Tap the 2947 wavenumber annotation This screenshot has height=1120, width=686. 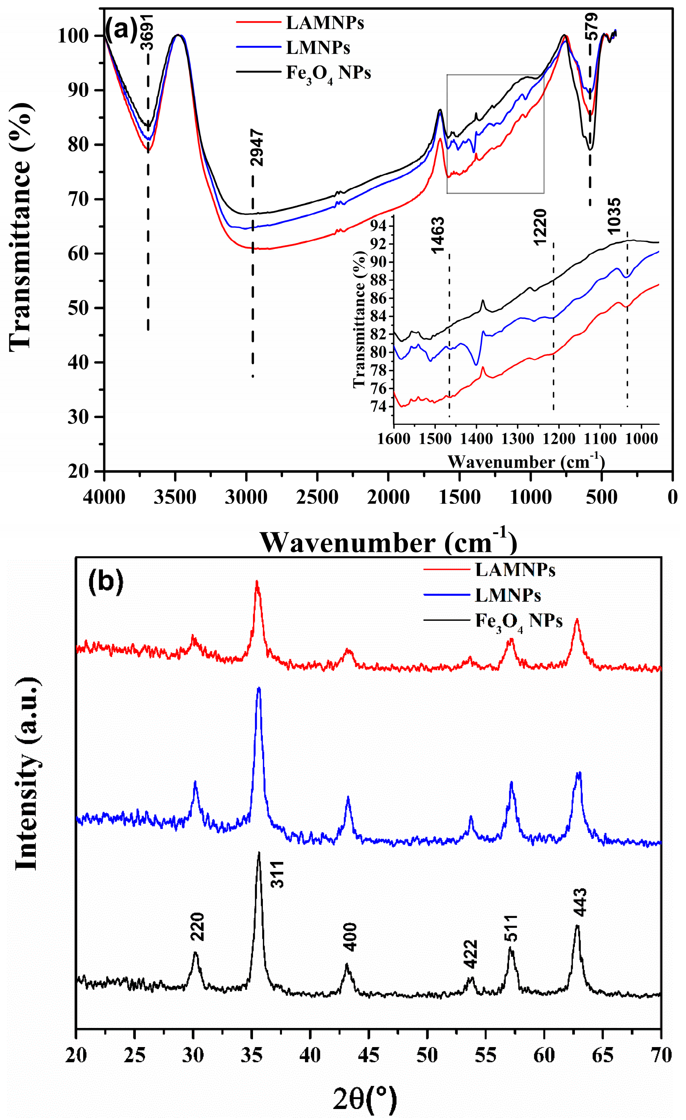(257, 147)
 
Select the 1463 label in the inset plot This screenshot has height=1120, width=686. (438, 235)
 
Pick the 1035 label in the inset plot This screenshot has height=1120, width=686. (613, 216)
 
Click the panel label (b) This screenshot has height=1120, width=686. (105, 583)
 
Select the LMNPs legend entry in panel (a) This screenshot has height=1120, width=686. (318, 48)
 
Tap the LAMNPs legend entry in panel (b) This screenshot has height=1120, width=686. (515, 570)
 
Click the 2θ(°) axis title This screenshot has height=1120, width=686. (365, 1101)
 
